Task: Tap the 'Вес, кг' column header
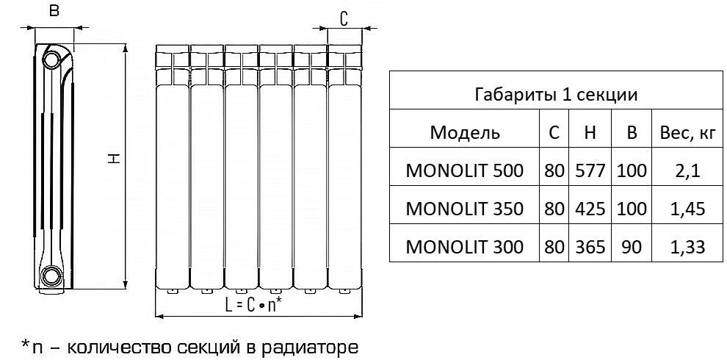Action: point(688,134)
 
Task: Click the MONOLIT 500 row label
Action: point(464,172)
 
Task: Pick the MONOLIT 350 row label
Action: point(464,209)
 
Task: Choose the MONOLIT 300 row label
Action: point(464,247)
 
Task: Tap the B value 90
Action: point(632,247)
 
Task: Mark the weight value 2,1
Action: point(688,172)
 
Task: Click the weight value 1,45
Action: point(688,209)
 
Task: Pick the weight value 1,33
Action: point(688,247)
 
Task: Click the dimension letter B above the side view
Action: point(53,11)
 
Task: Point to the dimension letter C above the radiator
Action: point(344,18)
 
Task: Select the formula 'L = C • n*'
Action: point(253,305)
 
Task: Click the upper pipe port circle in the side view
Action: point(52,59)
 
